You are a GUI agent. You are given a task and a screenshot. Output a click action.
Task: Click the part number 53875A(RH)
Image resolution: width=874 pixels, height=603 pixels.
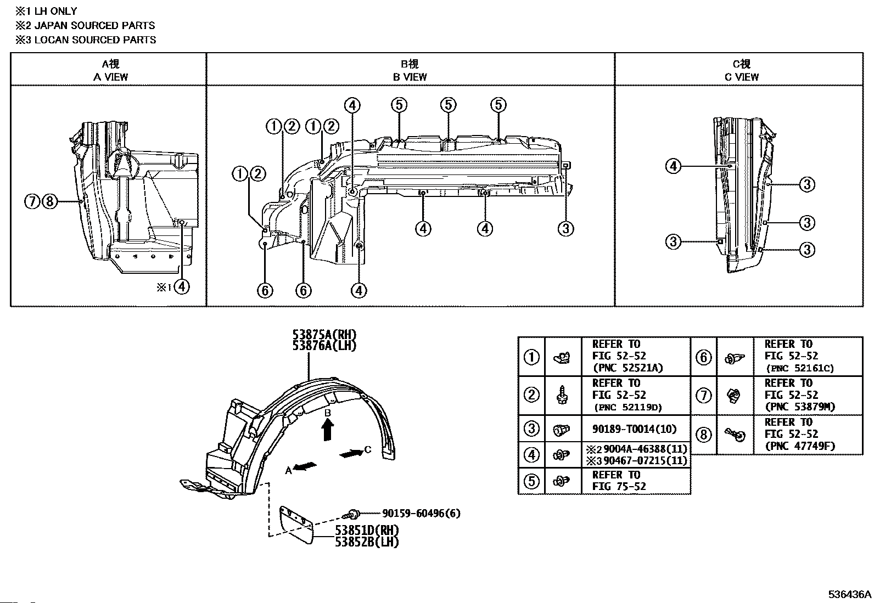click(324, 335)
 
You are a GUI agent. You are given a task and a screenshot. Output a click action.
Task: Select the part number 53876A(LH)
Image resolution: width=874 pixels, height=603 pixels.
click(324, 346)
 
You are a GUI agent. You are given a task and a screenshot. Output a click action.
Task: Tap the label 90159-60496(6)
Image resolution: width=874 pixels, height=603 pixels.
click(421, 514)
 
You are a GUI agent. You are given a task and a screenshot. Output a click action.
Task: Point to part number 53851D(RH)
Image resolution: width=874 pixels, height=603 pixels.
click(367, 531)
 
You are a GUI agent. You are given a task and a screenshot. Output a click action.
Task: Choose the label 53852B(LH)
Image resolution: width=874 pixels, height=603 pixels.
click(367, 542)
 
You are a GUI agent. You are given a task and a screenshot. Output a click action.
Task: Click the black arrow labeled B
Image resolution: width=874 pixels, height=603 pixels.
click(327, 430)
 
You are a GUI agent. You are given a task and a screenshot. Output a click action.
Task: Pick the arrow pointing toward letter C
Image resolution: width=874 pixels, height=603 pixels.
click(351, 454)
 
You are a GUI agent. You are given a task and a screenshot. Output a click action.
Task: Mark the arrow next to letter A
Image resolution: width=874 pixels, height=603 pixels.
click(305, 466)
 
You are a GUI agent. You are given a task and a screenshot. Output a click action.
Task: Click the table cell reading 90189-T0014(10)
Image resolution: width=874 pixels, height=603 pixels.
click(634, 429)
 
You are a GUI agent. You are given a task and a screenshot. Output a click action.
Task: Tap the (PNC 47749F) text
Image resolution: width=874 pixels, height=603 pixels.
click(800, 446)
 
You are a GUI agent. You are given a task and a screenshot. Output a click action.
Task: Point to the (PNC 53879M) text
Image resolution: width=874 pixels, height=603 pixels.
click(800, 407)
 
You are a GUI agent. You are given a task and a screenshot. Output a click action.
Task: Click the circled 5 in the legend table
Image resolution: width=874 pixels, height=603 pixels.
click(531, 481)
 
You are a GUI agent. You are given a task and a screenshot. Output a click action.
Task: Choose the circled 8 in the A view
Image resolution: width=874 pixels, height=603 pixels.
click(49, 201)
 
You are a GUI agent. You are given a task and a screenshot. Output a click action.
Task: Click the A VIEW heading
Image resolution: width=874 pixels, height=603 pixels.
click(110, 77)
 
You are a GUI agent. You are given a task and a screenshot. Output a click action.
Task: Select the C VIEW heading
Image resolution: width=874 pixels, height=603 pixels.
click(741, 77)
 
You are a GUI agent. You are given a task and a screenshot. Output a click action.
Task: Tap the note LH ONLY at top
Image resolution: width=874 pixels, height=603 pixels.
click(55, 11)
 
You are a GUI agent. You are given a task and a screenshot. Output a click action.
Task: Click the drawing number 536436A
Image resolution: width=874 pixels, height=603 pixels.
click(850, 594)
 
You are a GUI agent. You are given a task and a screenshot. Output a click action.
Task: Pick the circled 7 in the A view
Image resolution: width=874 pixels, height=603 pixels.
click(32, 201)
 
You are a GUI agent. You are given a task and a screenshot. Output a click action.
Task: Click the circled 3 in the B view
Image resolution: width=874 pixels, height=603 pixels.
click(566, 229)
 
